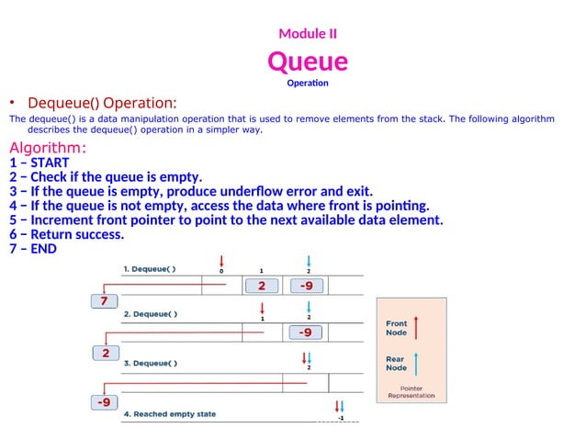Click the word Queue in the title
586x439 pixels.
[x=308, y=62]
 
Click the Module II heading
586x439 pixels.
[x=308, y=34]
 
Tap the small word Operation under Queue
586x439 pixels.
[x=308, y=84]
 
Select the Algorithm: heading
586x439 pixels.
[x=48, y=149]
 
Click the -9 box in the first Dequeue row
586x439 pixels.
[x=306, y=286]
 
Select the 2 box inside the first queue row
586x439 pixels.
[x=262, y=286]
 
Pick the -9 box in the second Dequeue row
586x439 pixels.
[x=306, y=332]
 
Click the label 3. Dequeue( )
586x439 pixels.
[x=151, y=363]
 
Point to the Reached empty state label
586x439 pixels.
[x=170, y=414]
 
